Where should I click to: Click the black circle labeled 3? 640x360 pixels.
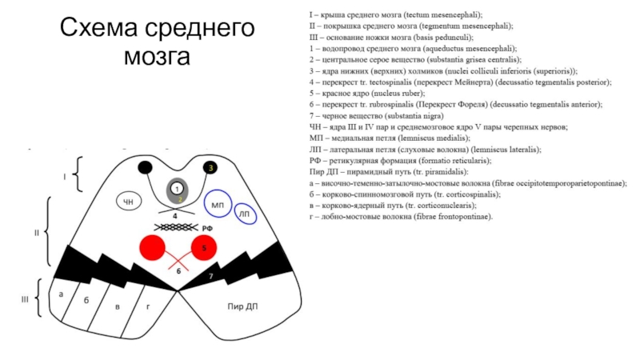[x=210, y=167]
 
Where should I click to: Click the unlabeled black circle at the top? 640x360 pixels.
[x=145, y=167]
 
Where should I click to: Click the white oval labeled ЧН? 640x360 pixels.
[x=129, y=202]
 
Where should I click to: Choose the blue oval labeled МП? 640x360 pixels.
[x=218, y=206]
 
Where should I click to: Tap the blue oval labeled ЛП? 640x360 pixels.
[x=245, y=214]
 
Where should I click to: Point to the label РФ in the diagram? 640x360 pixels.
[x=206, y=229]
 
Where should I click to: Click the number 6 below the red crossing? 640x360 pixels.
[x=179, y=271]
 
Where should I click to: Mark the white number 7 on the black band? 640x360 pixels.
[x=210, y=276]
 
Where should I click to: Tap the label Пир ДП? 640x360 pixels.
[x=242, y=306]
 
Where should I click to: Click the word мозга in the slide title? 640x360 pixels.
[x=157, y=58]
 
